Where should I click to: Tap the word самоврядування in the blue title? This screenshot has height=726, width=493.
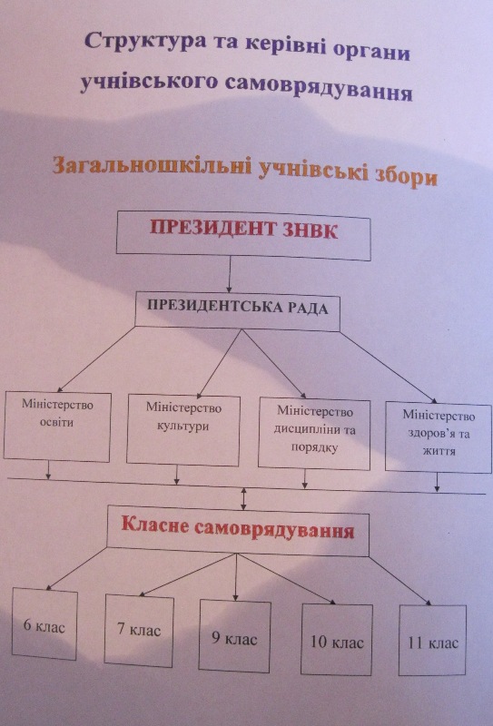point(318,89)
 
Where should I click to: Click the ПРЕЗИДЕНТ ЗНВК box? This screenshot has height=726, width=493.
point(243,236)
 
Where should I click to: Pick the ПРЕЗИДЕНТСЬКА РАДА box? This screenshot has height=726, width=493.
point(237,311)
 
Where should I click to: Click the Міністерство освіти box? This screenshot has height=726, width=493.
point(57,427)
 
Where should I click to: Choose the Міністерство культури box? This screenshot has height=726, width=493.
point(183,430)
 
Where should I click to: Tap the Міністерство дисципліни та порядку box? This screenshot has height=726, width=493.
point(315,434)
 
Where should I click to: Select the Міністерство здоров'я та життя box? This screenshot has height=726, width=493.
point(439,437)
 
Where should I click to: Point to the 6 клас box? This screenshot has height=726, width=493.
point(44,623)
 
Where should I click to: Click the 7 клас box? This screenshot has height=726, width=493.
point(139,631)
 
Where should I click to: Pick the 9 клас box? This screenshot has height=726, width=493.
point(235,636)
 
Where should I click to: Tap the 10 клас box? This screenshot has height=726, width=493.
point(337,640)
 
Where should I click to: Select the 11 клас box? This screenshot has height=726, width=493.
point(433,641)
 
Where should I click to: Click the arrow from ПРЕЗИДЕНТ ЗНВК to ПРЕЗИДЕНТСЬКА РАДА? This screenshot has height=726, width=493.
point(230,274)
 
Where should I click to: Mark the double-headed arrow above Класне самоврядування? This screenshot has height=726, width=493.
point(243,498)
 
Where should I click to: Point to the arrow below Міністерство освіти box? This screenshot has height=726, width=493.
point(48,470)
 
